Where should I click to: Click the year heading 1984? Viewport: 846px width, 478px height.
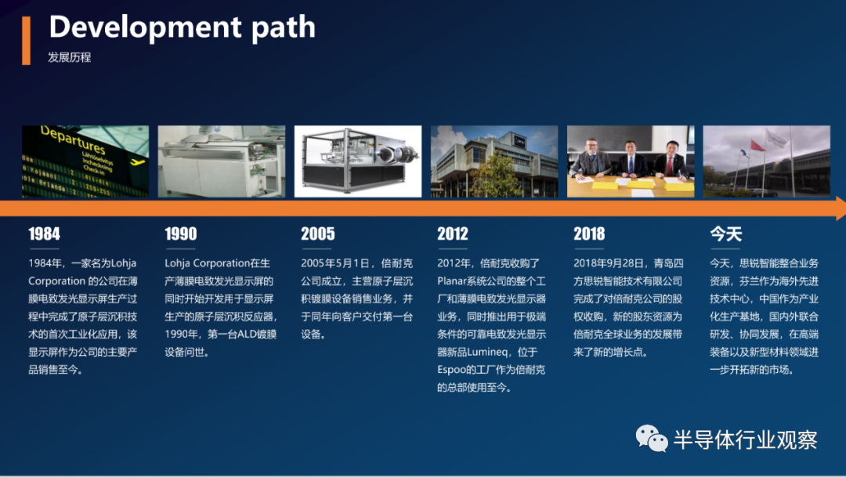pos(44,234)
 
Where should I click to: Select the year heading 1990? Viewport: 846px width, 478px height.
pos(181,234)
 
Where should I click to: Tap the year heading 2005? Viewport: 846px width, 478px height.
pos(318,234)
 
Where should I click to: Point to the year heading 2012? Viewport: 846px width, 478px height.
pos(453,234)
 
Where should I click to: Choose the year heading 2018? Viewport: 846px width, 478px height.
pos(589,234)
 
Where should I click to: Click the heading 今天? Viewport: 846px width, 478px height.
pos(725,234)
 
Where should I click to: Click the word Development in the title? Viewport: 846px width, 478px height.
pos(145,27)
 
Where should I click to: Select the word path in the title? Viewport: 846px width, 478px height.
pos(284,28)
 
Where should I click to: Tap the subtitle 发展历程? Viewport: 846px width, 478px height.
pos(69,57)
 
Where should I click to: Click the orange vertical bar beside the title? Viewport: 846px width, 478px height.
pos(26,41)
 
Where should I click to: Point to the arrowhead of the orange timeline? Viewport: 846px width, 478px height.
pos(841,208)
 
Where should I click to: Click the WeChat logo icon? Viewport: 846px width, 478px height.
pos(651,438)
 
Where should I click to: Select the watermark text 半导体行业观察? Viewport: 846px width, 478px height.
pos(745,440)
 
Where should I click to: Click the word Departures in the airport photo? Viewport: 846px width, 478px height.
pos(73,139)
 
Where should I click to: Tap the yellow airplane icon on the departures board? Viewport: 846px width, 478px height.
pos(138,161)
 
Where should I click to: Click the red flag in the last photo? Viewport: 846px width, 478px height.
pos(757,145)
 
